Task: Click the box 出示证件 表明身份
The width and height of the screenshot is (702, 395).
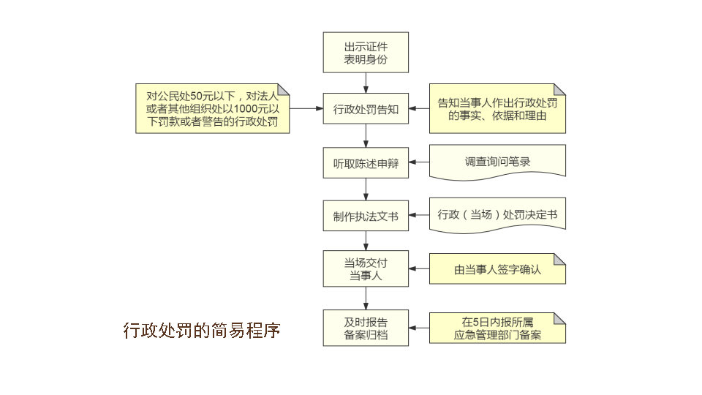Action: tap(366, 53)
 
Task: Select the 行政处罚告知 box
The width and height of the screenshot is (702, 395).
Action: tap(366, 109)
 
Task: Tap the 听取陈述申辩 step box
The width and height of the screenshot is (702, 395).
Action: tap(366, 162)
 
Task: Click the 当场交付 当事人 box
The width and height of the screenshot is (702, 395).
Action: tap(366, 268)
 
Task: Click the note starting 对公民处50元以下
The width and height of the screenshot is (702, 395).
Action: tap(212, 108)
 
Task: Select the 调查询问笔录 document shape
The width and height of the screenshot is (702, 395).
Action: tap(497, 162)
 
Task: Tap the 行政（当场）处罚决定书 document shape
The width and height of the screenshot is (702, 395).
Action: tap(497, 215)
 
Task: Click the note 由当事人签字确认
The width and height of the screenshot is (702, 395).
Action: tap(497, 268)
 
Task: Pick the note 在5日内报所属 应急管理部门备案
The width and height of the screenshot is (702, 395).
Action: tap(497, 328)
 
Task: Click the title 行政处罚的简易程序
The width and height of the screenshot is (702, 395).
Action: tap(202, 330)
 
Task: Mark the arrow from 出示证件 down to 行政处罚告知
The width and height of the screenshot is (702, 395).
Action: tap(366, 82)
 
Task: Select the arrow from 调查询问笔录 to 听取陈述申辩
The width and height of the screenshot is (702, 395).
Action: tap(419, 162)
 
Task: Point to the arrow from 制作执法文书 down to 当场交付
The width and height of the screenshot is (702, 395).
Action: tap(366, 240)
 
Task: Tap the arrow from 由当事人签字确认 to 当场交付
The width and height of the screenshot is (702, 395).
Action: tap(419, 268)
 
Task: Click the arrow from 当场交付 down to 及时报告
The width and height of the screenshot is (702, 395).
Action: tap(366, 298)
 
